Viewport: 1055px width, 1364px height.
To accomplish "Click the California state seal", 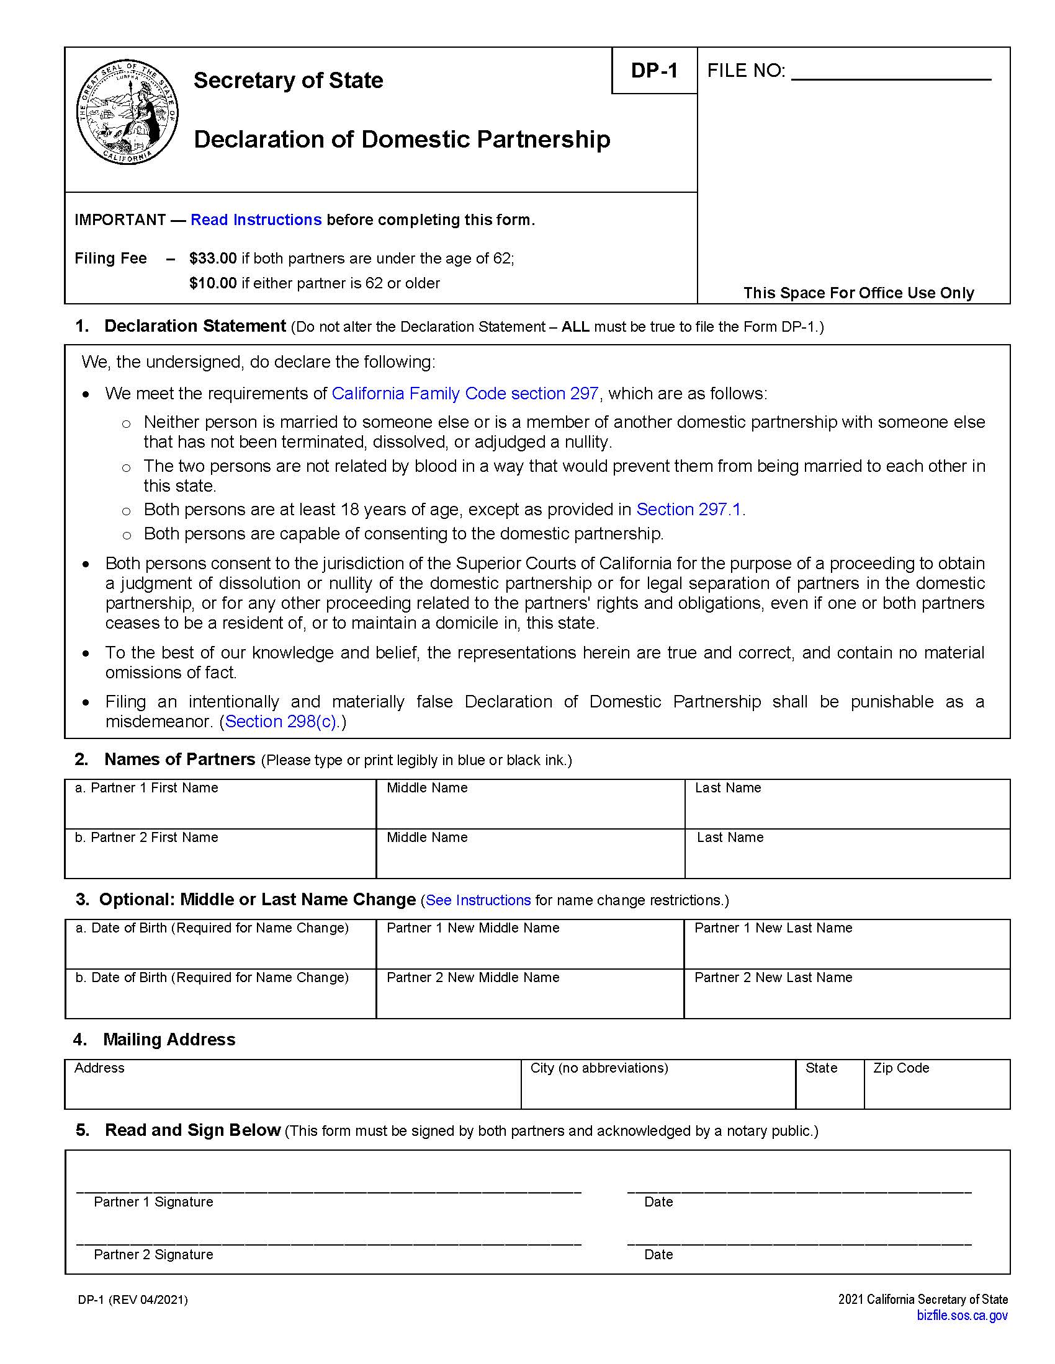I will tap(127, 113).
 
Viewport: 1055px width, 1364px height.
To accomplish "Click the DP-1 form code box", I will tap(653, 71).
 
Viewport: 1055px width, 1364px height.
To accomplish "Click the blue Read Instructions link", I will tap(256, 220).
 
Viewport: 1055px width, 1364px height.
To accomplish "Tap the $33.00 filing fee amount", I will tap(212, 259).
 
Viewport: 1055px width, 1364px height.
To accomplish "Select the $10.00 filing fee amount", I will tap(212, 283).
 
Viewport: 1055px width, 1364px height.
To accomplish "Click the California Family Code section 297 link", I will tap(465, 394).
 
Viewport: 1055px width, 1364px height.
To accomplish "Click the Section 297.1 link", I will tap(688, 510).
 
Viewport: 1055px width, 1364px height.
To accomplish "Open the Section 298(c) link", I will tap(281, 721).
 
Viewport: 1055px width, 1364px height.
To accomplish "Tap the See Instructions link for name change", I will tap(478, 900).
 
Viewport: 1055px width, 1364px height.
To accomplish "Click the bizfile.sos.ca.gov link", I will tap(962, 1315).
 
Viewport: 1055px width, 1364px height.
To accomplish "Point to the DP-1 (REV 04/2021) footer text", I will tap(133, 1300).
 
